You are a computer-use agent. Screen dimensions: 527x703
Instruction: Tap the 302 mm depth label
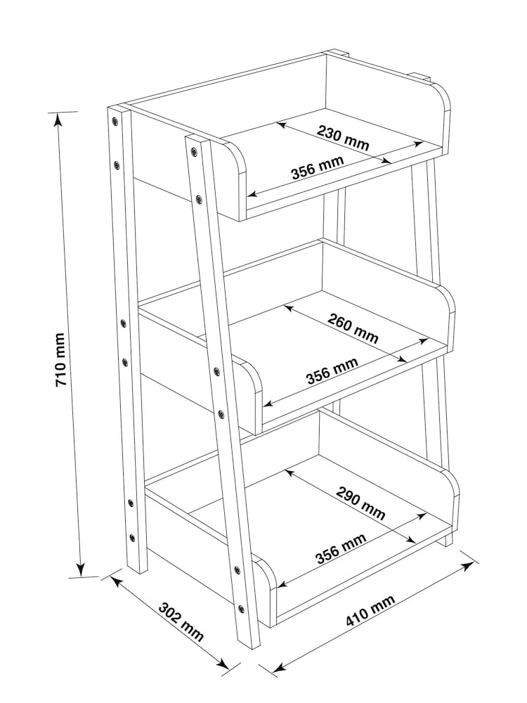point(181,622)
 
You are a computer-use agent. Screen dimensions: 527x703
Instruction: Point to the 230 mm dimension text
point(344,137)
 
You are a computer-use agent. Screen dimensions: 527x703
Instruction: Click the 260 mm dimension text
point(353,328)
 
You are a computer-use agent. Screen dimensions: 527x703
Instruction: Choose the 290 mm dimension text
point(360,503)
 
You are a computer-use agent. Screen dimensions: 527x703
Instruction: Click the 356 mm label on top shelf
point(318,167)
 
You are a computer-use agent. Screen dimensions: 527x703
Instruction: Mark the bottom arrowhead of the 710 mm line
point(81,569)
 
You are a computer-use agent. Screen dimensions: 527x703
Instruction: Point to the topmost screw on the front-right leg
point(194,152)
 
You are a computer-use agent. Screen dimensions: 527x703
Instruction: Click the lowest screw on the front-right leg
point(242,610)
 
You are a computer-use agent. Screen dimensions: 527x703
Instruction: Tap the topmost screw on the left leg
point(115,121)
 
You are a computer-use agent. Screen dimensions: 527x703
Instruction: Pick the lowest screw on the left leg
point(132,537)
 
